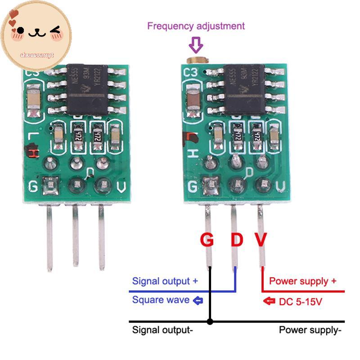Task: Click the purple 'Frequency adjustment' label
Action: tap(196, 26)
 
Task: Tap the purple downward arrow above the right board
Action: tap(196, 45)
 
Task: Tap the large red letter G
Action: tap(207, 240)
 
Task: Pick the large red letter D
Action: tap(237, 240)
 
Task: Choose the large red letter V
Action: tap(261, 240)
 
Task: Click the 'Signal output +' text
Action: tap(165, 281)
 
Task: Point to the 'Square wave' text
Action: tap(161, 300)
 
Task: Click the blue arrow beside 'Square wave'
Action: tap(198, 300)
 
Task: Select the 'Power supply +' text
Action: tap(302, 281)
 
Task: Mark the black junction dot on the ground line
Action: tap(209, 322)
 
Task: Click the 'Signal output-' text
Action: tap(162, 330)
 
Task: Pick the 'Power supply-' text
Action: tap(310, 330)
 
